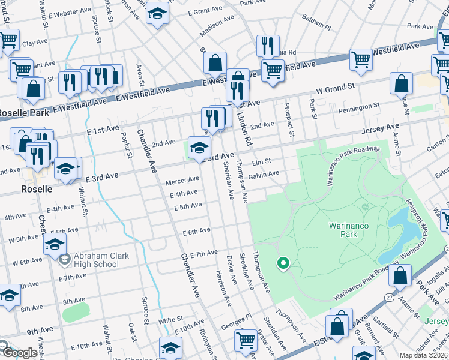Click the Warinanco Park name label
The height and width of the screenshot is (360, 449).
352,230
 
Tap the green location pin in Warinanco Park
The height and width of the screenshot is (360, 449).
282,263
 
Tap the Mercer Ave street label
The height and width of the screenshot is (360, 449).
182,179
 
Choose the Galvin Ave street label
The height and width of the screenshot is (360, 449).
264,174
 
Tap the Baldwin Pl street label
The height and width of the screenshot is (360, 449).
316,27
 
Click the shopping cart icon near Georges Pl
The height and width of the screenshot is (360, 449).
246,340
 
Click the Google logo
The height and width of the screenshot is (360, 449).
19,353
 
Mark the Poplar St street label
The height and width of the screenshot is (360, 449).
125,146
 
